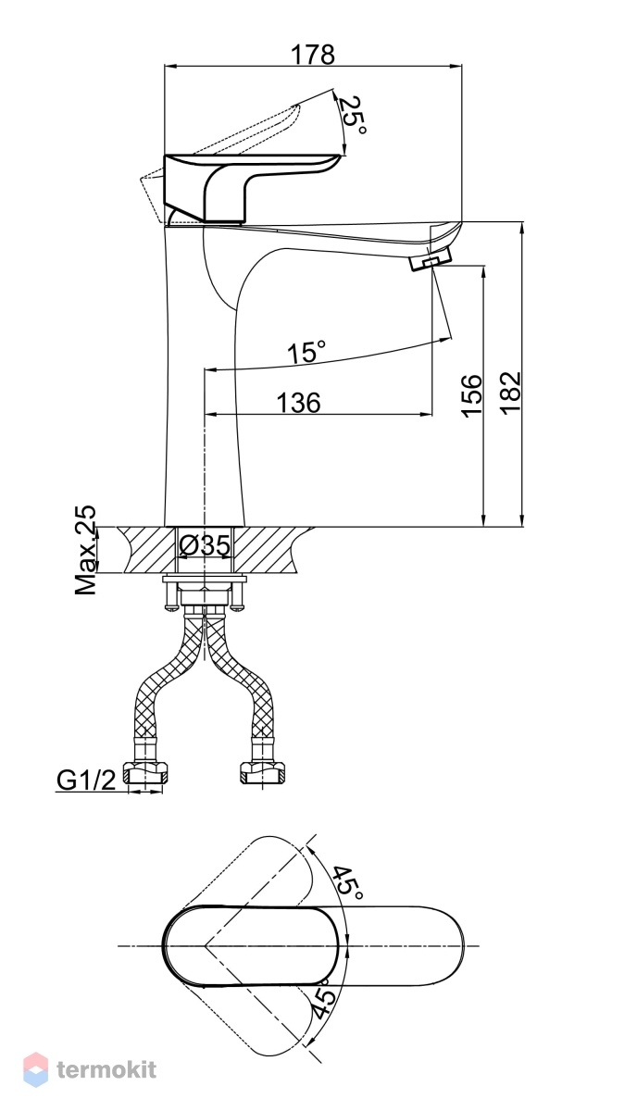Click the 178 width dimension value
[x=313, y=54]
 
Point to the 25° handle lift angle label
[x=356, y=115]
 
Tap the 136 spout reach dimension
[x=298, y=402]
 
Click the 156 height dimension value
[x=472, y=396]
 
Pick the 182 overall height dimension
[x=510, y=392]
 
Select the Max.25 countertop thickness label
[x=85, y=551]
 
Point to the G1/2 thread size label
[x=86, y=780]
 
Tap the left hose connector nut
[x=145, y=773]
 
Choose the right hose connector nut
[x=263, y=773]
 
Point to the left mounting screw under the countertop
[x=170, y=594]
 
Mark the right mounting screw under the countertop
[x=237, y=594]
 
